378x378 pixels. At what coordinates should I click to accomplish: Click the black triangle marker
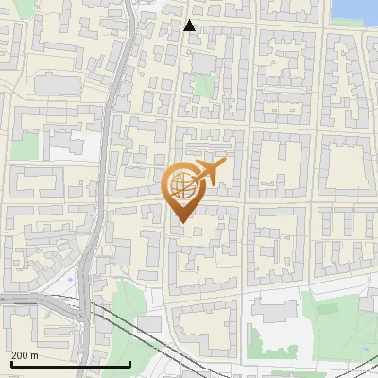[189, 26]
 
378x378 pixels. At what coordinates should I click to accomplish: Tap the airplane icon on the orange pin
[209, 171]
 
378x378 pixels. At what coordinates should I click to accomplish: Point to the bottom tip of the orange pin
[180, 222]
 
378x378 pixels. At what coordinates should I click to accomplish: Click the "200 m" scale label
[25, 355]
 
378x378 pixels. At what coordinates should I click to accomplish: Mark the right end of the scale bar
[129, 364]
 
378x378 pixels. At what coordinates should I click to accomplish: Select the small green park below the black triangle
[203, 86]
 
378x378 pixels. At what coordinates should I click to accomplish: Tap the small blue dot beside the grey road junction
[73, 282]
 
